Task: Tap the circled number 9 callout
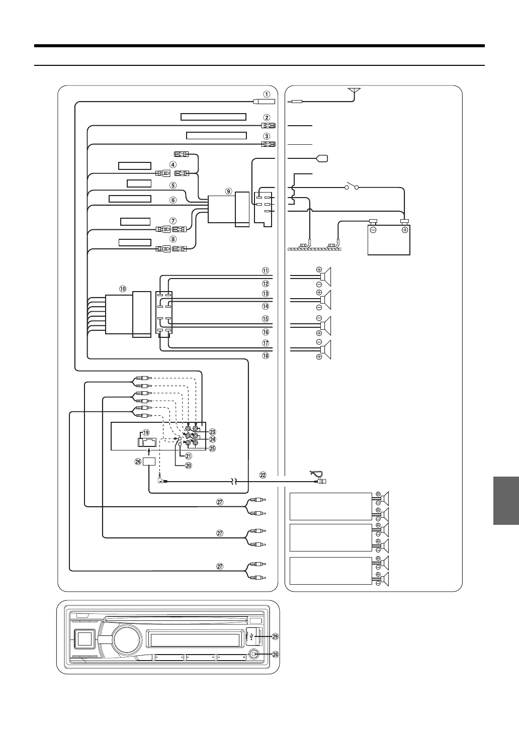(228, 191)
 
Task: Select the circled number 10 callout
(123, 289)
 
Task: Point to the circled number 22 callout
(263, 474)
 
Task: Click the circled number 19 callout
(146, 432)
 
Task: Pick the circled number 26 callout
(138, 463)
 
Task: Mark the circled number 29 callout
(275, 636)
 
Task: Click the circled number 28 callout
(275, 654)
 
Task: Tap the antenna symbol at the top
(355, 91)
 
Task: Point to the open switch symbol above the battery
(351, 188)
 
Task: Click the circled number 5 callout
(172, 185)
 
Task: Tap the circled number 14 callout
(266, 306)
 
